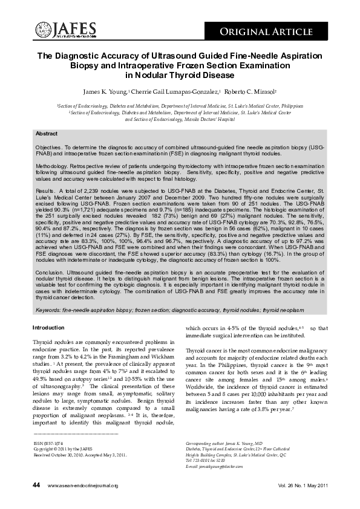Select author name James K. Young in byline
tap(105, 91)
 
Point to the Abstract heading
tap(47, 134)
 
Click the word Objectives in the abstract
tap(50, 147)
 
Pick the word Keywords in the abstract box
tap(50, 310)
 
